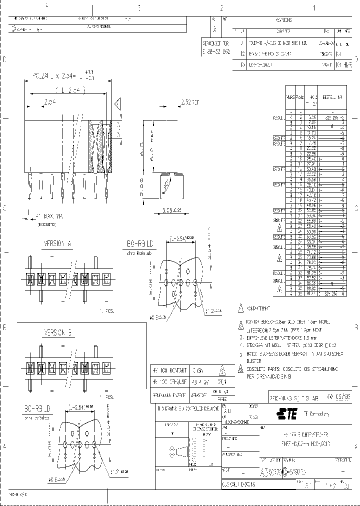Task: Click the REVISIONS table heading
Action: coord(284,20)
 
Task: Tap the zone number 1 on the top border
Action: coord(314,7)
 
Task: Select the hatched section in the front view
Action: coord(98,146)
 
